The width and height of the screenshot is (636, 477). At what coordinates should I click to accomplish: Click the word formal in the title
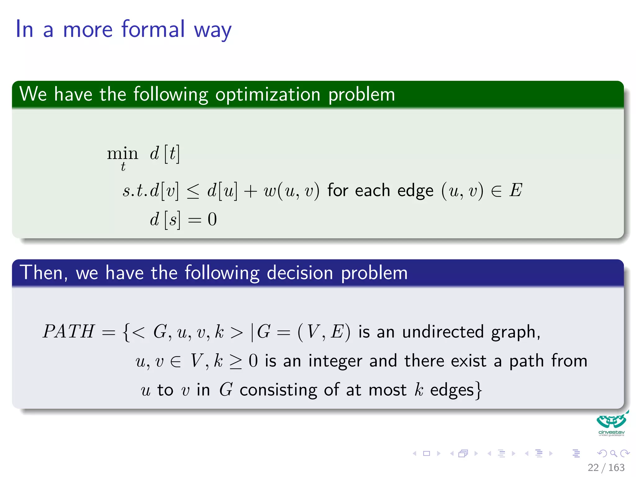tap(153, 29)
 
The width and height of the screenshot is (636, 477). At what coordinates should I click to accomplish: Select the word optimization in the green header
tap(268, 94)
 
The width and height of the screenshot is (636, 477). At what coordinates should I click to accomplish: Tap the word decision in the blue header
tap(300, 273)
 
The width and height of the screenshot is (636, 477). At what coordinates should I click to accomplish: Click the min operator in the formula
tap(122, 153)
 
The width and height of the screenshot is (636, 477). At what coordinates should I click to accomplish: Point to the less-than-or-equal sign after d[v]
tap(193, 191)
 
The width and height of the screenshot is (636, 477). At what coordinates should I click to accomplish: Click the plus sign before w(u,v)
tap(250, 191)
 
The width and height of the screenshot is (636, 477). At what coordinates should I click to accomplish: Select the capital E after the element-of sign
tap(516, 190)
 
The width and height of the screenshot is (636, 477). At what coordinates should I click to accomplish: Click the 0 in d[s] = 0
tap(212, 219)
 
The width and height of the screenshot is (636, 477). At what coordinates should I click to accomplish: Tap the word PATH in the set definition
tap(68, 331)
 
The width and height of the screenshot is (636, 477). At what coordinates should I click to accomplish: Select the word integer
tap(335, 361)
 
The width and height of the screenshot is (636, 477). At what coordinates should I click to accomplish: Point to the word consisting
tap(278, 390)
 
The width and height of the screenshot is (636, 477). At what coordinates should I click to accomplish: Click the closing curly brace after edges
tap(479, 390)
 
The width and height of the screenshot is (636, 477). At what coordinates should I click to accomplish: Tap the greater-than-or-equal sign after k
tap(235, 361)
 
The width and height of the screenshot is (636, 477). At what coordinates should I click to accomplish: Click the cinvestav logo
tap(611, 424)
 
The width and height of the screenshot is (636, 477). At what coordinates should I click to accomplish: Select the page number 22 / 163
tap(606, 467)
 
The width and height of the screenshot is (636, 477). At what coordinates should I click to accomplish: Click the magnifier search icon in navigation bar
tap(613, 453)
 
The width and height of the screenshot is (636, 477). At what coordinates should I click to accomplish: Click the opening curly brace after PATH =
tap(126, 332)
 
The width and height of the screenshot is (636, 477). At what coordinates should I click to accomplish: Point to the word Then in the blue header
tap(43, 273)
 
